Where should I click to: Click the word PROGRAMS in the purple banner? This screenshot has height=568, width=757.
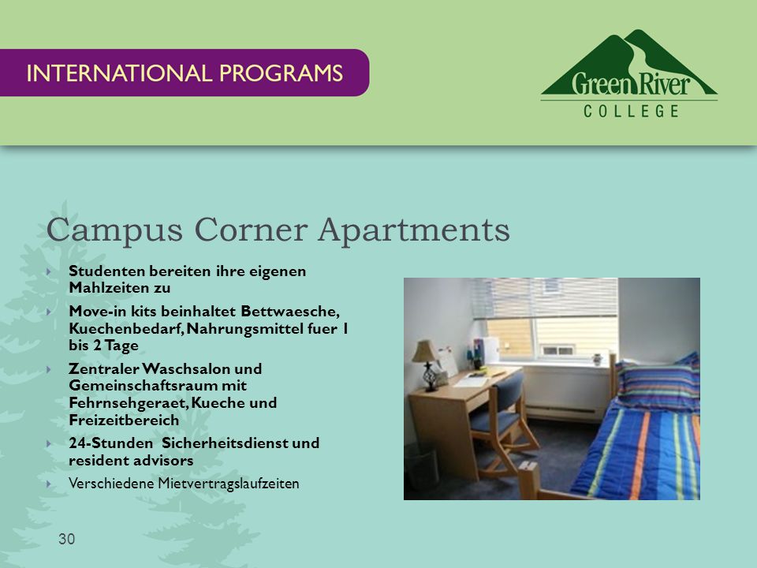coord(281,73)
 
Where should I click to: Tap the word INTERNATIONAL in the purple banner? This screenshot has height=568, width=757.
coord(119,73)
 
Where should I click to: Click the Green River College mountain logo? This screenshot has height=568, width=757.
coord(629,73)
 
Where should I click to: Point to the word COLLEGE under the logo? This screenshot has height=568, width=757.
coord(631,111)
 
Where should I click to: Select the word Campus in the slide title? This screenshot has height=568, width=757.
coord(114,230)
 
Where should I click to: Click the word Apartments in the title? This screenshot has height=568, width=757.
coord(414,230)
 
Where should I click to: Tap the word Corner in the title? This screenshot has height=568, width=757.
coord(251,229)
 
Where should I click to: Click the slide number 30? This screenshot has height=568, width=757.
coord(66,539)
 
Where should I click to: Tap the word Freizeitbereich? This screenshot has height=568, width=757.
coord(124,420)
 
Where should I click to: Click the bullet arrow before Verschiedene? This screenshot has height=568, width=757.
coord(49,484)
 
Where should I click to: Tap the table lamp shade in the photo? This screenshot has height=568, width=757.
coord(424,352)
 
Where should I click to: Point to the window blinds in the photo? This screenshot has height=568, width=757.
coord(545,298)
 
